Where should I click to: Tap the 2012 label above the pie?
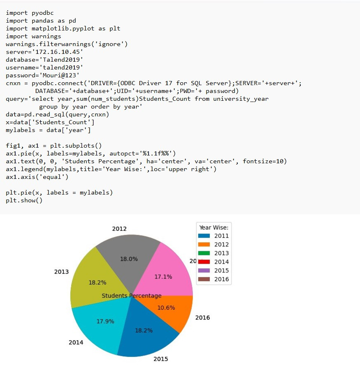click(x=119, y=229)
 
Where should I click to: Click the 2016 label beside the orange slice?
click(x=202, y=317)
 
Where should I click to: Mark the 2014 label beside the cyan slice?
click(x=76, y=342)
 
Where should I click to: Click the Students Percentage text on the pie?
click(x=132, y=296)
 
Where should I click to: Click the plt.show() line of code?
click(x=24, y=200)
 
